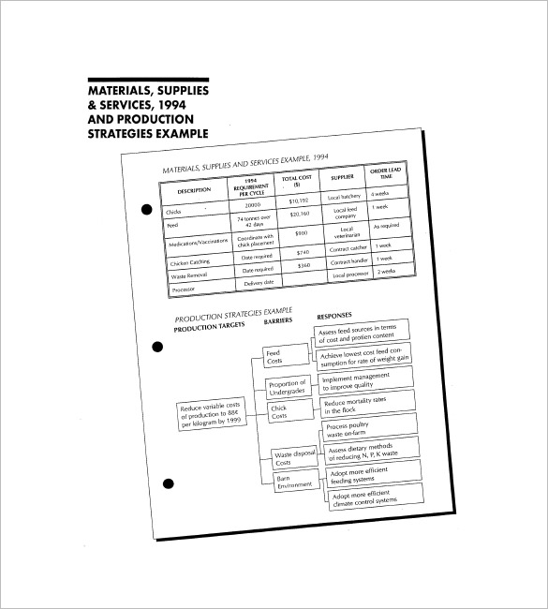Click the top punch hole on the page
[x=145, y=209]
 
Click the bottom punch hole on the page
[x=170, y=484]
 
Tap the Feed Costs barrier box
[x=278, y=356]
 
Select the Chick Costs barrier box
[x=280, y=413]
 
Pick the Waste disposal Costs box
[x=294, y=458]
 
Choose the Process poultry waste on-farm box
[x=359, y=428]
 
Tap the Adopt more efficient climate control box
[x=372, y=496]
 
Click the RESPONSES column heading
[x=335, y=317]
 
